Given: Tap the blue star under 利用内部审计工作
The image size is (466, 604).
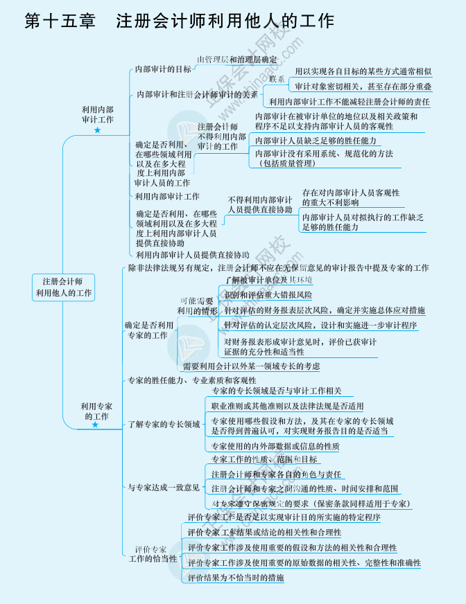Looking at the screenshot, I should pos(97,130).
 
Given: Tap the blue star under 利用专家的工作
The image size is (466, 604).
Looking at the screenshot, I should pos(96,425).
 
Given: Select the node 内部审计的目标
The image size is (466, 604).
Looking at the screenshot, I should pos(164,69).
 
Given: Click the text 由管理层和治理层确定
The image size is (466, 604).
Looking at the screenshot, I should pos(236,60).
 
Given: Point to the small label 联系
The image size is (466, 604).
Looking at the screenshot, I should pos(276,79).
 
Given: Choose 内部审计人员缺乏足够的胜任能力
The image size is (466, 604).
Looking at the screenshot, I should pos(316,141).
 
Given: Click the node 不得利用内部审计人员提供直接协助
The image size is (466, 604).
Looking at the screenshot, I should pos(260,204).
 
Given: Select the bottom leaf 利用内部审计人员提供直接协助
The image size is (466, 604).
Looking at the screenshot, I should pos(193,255).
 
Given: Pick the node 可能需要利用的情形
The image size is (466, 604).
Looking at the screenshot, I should pos(197,305).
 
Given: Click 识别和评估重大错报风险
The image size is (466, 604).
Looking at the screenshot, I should pos(268,295).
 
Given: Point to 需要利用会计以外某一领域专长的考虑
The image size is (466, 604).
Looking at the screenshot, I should pos(251,366).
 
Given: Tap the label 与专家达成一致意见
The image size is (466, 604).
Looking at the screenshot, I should pos(164,487).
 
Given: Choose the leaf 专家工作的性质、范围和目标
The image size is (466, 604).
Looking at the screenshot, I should pos(264,459).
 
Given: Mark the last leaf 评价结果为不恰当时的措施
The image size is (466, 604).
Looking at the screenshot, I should pos(236,577).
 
